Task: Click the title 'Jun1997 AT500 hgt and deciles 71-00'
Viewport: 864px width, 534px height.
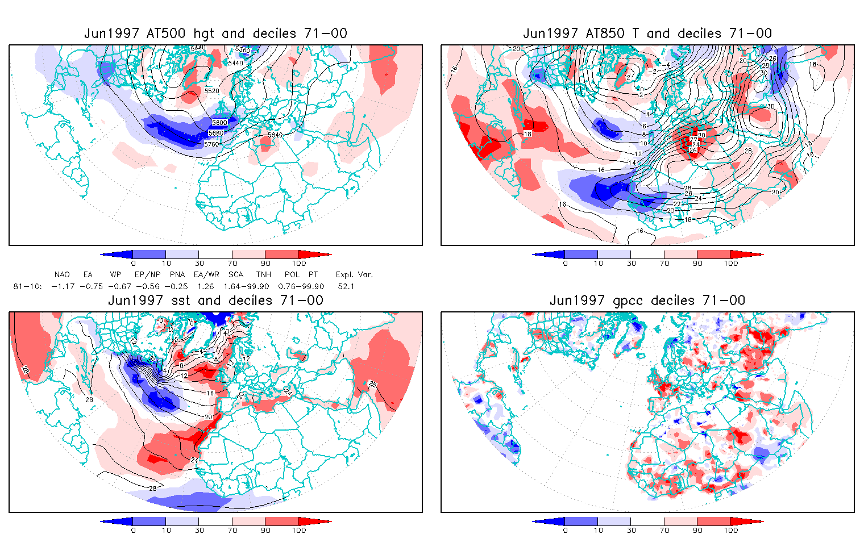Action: point(215,34)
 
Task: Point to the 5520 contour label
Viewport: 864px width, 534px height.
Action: point(211,91)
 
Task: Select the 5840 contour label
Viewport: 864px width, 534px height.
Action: point(275,135)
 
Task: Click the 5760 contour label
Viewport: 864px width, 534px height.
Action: point(211,144)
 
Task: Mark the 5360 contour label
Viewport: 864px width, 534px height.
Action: point(243,51)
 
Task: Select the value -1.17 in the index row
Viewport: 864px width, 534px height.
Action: point(63,286)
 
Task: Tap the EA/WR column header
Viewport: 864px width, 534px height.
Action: point(206,275)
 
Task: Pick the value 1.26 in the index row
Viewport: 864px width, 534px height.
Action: point(205,286)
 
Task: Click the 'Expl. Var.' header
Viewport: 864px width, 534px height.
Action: point(354,275)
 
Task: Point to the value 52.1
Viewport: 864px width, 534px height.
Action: point(346,286)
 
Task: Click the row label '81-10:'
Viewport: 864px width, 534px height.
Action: point(27,286)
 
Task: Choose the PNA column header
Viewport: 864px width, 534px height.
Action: point(177,275)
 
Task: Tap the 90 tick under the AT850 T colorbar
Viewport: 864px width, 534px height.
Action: point(697,264)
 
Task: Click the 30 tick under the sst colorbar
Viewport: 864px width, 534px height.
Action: point(199,530)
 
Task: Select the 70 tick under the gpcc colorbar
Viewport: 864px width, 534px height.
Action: point(664,530)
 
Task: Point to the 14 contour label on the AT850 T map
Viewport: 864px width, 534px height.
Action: point(632,162)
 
